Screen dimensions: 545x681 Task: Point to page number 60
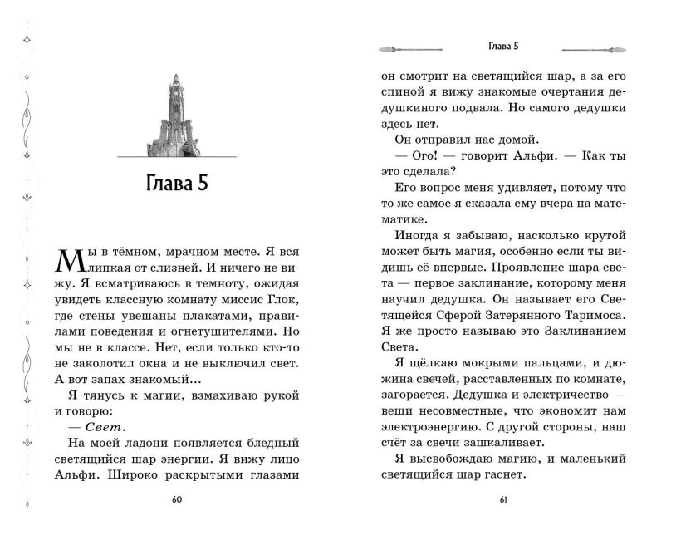pyautogui.click(x=176, y=499)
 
